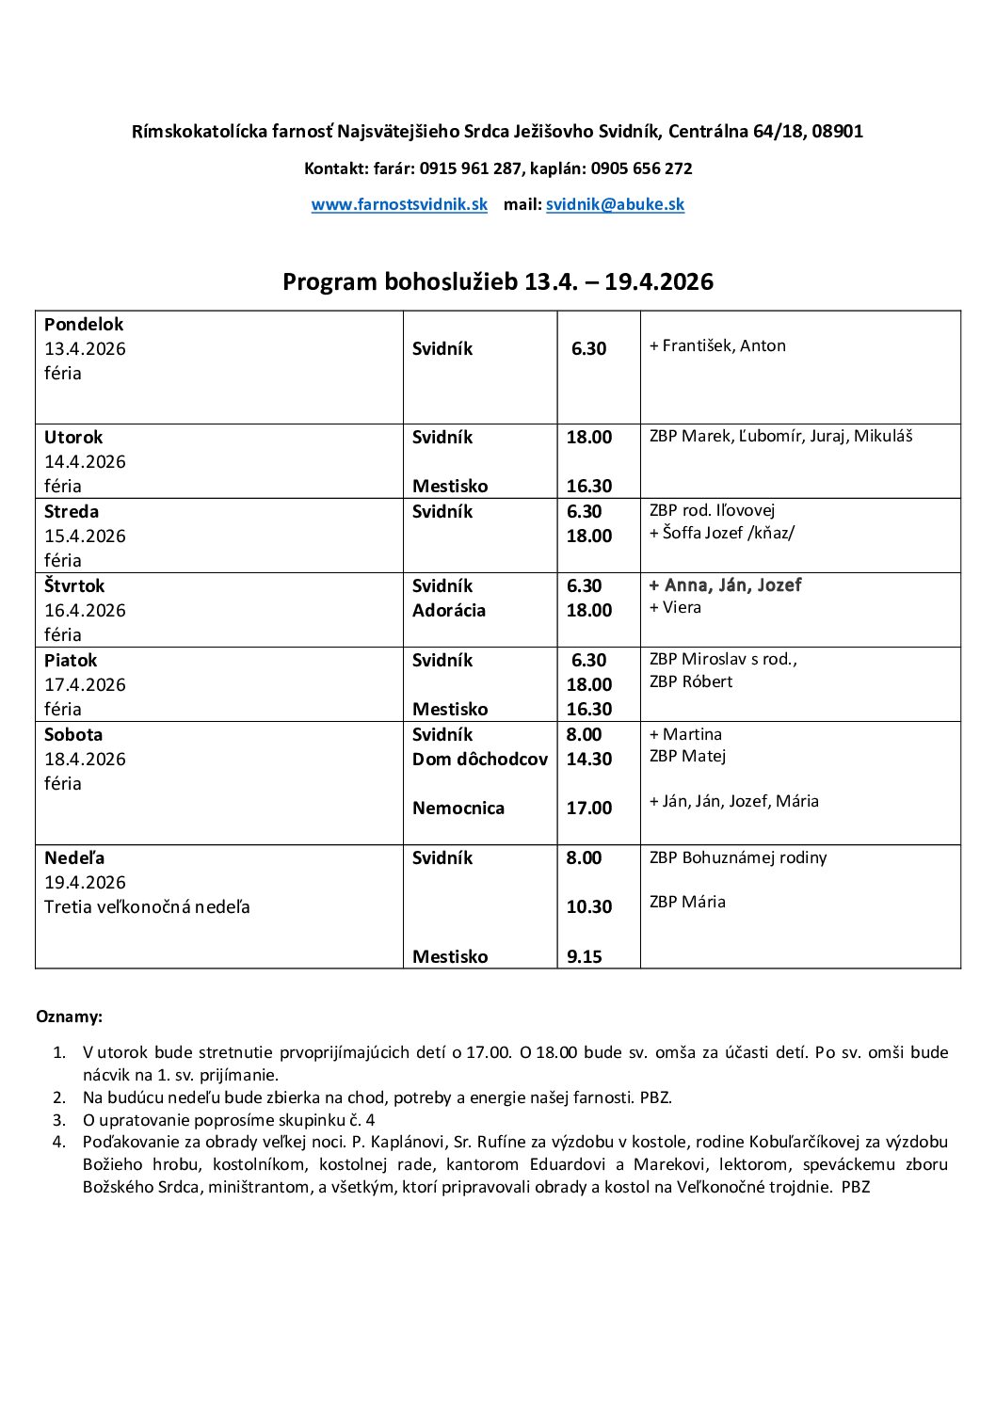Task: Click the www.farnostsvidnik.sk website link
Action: coord(399,204)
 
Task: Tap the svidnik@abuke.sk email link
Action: coord(615,204)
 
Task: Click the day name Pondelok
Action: coord(84,324)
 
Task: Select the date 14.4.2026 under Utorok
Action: coord(85,461)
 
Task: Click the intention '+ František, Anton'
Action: coord(717,345)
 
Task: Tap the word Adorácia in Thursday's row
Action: coord(449,610)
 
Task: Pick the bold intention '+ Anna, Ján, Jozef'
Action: coord(725,584)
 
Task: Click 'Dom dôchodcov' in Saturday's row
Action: coord(479,759)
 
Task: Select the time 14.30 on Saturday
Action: coord(588,759)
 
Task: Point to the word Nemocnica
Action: coord(458,808)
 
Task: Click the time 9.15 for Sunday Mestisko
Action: coord(584,956)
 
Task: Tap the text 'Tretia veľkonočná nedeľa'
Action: coord(147,906)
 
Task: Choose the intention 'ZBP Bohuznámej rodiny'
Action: coord(738,857)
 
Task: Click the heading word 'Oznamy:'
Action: coord(69,1017)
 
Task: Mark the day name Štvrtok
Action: coord(74,585)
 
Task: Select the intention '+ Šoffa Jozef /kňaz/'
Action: coord(721,532)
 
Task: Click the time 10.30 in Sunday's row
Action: coord(588,906)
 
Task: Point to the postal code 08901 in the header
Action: coord(837,132)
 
